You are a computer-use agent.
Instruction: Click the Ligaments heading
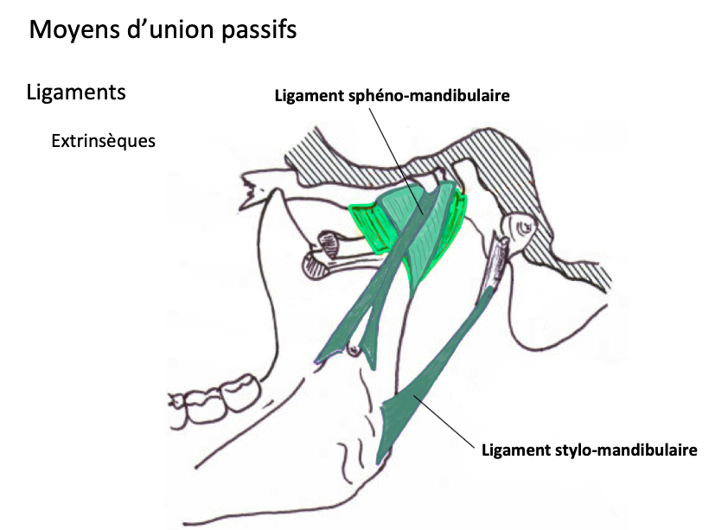point(76,92)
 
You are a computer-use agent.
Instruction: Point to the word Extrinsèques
point(103,139)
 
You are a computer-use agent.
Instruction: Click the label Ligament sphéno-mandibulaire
point(391,95)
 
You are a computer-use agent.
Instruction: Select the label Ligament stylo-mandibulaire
point(588,450)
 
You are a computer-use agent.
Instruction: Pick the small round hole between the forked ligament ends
point(353,349)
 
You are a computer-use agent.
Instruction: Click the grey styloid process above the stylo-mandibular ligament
point(497,263)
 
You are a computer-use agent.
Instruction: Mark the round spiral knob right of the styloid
point(524,227)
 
